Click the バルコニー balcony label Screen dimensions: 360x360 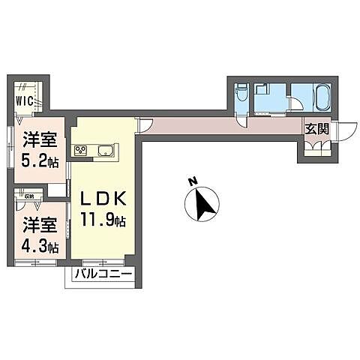[103, 276]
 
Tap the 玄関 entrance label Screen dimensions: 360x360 [316, 128]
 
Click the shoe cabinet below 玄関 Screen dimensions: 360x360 [315, 146]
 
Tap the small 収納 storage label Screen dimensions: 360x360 [29, 196]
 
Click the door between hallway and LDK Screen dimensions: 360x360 [144, 125]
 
